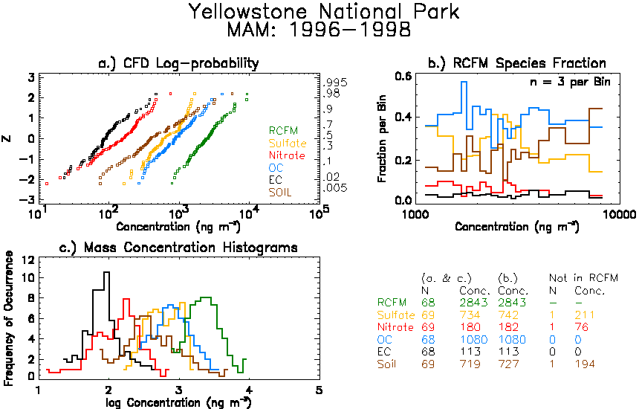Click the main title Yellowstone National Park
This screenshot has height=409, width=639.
click(325, 11)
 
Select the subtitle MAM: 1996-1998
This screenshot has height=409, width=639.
click(319, 30)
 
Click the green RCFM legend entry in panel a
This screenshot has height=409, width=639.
click(283, 130)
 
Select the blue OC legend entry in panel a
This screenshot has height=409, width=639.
click(276, 167)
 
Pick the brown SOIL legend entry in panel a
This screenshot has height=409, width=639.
click(280, 192)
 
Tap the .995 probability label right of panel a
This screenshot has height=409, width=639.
click(335, 83)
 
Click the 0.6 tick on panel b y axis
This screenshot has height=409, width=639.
click(403, 77)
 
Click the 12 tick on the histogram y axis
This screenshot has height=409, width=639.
click(27, 260)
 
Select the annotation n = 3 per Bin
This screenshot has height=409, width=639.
click(570, 82)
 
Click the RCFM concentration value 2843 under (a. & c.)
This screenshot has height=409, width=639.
click(473, 303)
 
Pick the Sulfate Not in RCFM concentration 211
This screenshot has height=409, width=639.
click(585, 315)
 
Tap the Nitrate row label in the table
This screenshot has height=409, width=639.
click(395, 327)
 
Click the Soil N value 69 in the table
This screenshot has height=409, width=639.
click(428, 364)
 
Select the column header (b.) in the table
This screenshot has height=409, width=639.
click(507, 279)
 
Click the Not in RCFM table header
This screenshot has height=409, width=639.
click(583, 278)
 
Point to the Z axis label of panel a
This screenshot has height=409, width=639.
click(7, 138)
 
